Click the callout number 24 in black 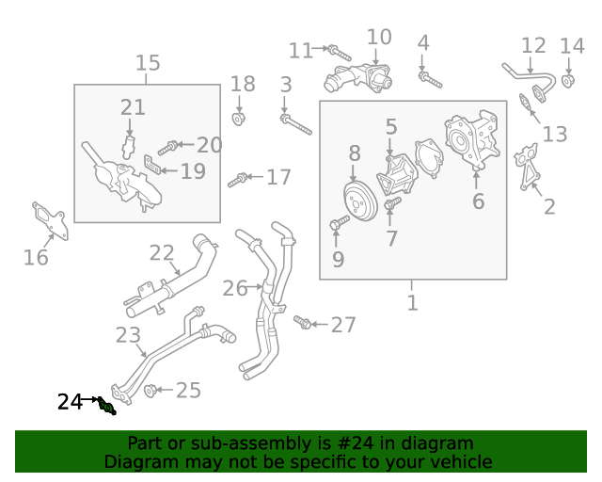[70, 402]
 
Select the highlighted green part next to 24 [106, 407]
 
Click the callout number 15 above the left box [148, 63]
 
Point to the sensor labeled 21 [129, 147]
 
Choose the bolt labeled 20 [168, 148]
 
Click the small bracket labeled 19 [152, 164]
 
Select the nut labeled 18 [239, 119]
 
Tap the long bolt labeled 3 [295, 124]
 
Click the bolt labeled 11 [340, 53]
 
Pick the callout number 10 [379, 38]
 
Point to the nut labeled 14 [568, 82]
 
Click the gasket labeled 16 [50, 221]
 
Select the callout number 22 [162, 253]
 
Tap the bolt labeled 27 [302, 322]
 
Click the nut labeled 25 [150, 391]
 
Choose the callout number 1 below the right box [412, 303]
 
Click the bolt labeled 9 [340, 222]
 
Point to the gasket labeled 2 [527, 167]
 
